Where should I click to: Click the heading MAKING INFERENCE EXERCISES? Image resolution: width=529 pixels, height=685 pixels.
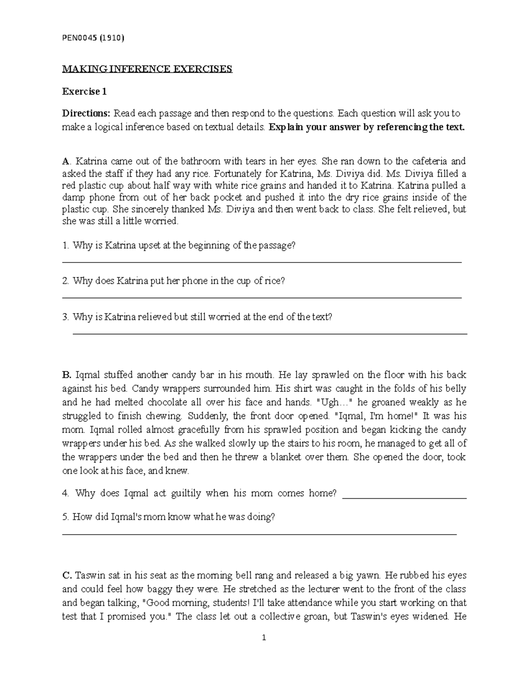click(x=147, y=69)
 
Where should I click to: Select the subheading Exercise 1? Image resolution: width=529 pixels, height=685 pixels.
click(x=84, y=92)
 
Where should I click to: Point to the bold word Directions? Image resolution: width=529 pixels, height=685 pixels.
click(x=86, y=113)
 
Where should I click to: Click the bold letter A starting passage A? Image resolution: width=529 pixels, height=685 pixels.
click(x=65, y=161)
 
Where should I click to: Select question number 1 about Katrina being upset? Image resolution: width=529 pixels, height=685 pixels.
click(x=179, y=245)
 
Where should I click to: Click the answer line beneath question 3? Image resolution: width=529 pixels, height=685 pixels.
click(x=269, y=334)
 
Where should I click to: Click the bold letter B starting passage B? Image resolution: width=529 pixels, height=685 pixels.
click(x=66, y=375)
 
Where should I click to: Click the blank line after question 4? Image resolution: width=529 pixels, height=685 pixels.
click(x=404, y=498)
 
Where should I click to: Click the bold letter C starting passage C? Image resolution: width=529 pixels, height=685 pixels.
click(x=66, y=576)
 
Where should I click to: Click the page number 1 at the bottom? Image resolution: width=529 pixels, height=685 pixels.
click(x=264, y=638)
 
